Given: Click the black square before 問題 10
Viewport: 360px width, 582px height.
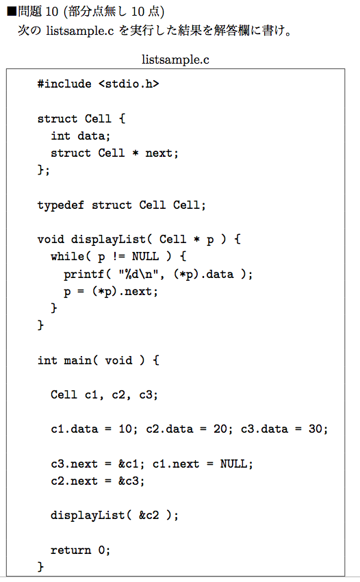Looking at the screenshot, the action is (12, 12).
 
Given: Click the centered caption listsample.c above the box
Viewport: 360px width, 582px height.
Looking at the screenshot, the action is (175, 60).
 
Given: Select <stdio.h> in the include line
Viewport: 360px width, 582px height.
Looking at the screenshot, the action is (129, 84).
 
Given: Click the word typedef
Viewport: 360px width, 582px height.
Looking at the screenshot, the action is (61, 205).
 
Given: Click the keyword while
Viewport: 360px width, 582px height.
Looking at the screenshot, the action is (68, 257).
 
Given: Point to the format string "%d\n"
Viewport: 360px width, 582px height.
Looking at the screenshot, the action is (139, 275).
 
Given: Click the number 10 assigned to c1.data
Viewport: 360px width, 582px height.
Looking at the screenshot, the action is (125, 429).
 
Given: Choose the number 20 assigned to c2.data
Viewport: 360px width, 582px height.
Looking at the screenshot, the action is (220, 429).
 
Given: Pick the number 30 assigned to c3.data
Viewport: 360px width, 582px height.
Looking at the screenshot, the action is (315, 429).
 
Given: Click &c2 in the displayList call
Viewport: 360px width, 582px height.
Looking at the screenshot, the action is (149, 515).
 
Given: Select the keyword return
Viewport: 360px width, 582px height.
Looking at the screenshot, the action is (71, 550).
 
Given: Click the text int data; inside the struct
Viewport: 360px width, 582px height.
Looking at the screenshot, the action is (81, 136).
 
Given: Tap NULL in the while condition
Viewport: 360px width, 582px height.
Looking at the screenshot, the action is (146, 257).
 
